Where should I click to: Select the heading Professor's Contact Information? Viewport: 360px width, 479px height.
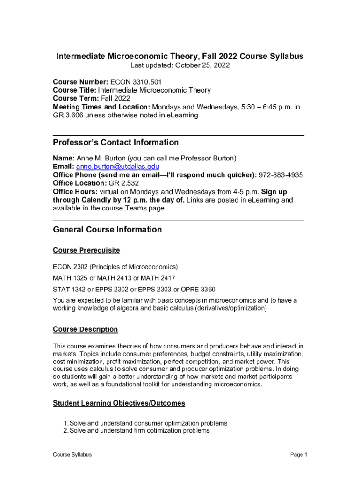coord(115,142)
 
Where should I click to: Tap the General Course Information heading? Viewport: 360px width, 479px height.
coord(107,229)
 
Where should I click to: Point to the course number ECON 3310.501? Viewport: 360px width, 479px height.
coord(138,82)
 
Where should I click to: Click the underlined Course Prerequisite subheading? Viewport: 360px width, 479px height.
coord(86,250)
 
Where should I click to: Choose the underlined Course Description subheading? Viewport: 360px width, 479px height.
coord(85,329)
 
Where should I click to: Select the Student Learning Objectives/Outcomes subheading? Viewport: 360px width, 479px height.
coord(119,403)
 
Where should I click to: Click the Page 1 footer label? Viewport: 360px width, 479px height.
coord(298,455)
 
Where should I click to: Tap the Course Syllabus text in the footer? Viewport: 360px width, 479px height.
coord(72,455)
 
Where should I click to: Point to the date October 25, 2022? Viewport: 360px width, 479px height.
coord(202,65)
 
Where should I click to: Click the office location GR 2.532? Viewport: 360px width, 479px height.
coord(121,183)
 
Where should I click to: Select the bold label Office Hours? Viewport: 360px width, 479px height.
coord(75,192)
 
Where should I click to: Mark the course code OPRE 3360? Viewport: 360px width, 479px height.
coord(198,289)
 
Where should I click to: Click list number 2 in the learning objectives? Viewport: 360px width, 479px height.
coord(65,431)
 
